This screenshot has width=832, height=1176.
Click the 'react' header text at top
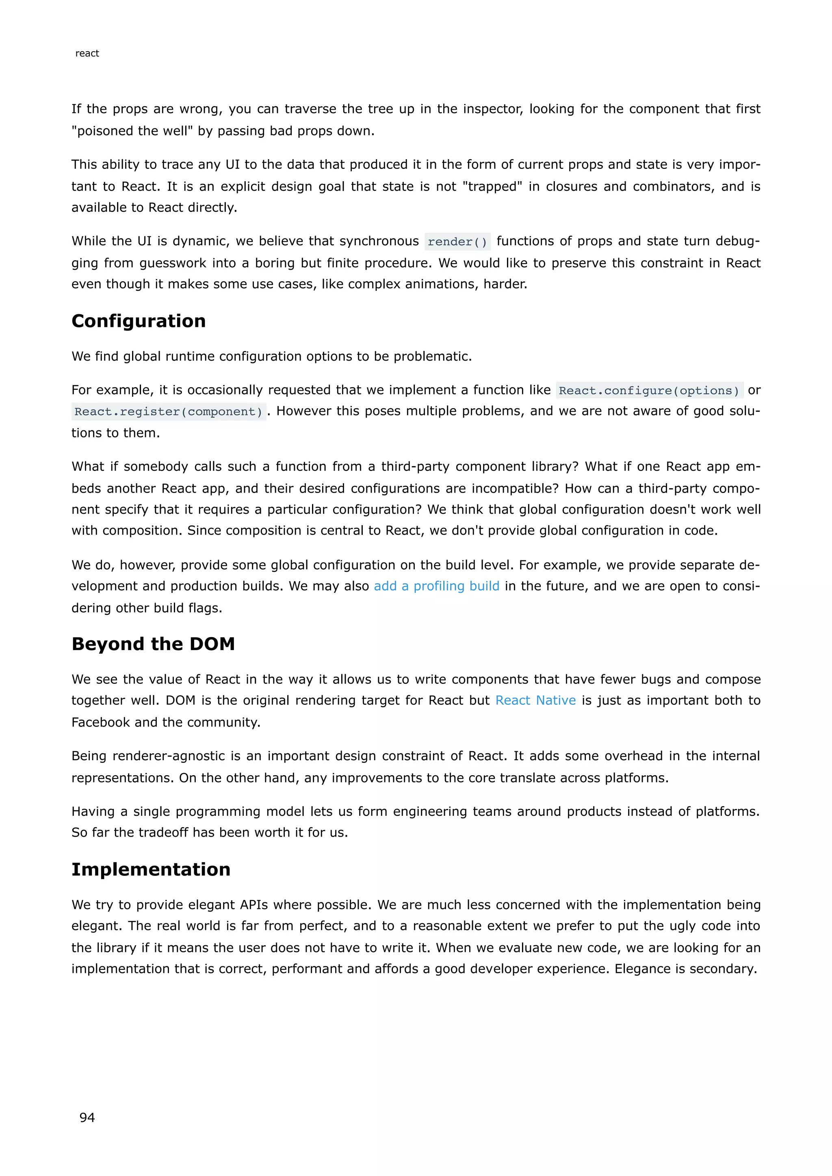pos(87,53)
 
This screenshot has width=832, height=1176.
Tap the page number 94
pos(87,1117)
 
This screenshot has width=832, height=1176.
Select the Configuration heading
pos(138,321)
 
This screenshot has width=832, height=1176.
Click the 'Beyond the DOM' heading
pos(153,644)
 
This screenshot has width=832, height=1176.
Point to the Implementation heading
pos(151,869)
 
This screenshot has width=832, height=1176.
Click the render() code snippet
pos(457,242)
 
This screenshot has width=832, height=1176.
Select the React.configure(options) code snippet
pos(649,390)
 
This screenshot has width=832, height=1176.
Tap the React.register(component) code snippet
pos(169,412)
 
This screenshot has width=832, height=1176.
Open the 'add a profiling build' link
pos(436,586)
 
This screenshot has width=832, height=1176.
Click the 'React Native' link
pos(535,700)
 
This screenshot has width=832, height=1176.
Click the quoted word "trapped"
pos(492,186)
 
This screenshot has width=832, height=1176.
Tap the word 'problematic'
pos(431,357)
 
